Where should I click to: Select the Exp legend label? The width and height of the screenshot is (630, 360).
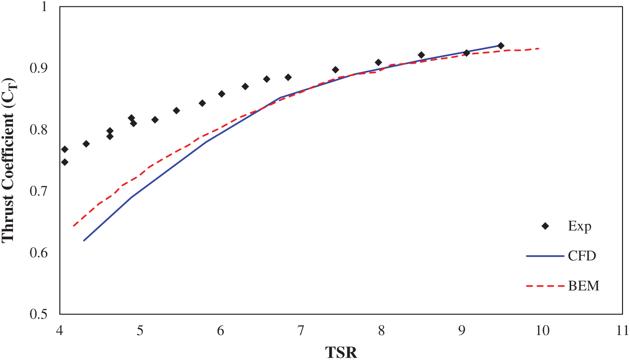coord(580,226)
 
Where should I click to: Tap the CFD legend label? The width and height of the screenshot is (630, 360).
coord(582,256)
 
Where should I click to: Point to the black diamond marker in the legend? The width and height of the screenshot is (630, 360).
coord(545,226)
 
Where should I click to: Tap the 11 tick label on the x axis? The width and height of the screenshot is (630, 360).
coord(622,330)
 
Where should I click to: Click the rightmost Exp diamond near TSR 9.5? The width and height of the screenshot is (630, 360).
coord(501,46)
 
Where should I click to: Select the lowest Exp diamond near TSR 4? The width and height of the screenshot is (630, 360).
coord(64,162)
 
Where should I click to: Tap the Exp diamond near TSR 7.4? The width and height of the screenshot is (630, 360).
coord(335,70)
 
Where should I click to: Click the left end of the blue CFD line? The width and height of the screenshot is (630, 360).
coord(84,240)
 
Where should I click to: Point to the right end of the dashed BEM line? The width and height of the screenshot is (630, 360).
coord(540,48)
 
